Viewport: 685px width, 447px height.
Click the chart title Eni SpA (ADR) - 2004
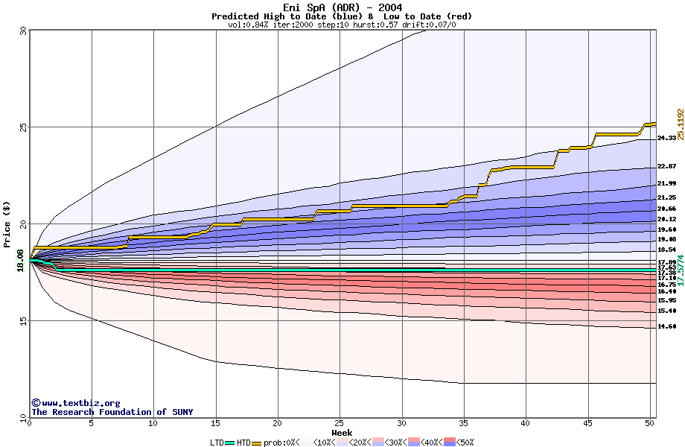click(342, 7)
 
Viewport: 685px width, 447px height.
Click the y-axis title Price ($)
click(7, 224)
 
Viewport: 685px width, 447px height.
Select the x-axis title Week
click(342, 433)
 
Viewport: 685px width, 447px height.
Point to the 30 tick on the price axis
click(22, 31)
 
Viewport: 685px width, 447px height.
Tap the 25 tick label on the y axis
click(22, 127)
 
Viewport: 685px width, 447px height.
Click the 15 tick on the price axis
click(22, 321)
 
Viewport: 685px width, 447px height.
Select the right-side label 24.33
click(667, 138)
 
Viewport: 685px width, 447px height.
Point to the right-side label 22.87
click(667, 166)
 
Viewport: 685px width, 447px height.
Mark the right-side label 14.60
click(667, 326)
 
